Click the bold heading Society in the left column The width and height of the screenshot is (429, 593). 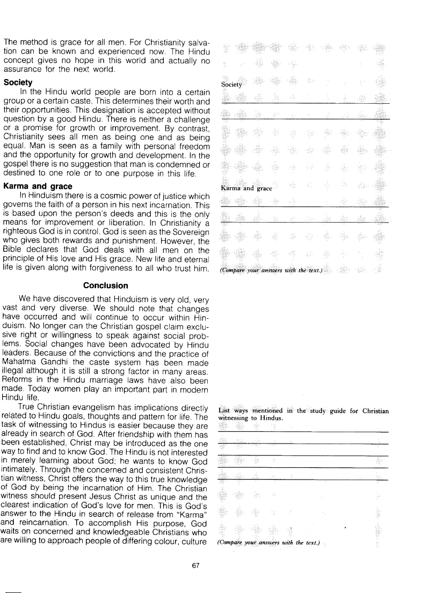18,83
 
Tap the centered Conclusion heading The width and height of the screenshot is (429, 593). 106,285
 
